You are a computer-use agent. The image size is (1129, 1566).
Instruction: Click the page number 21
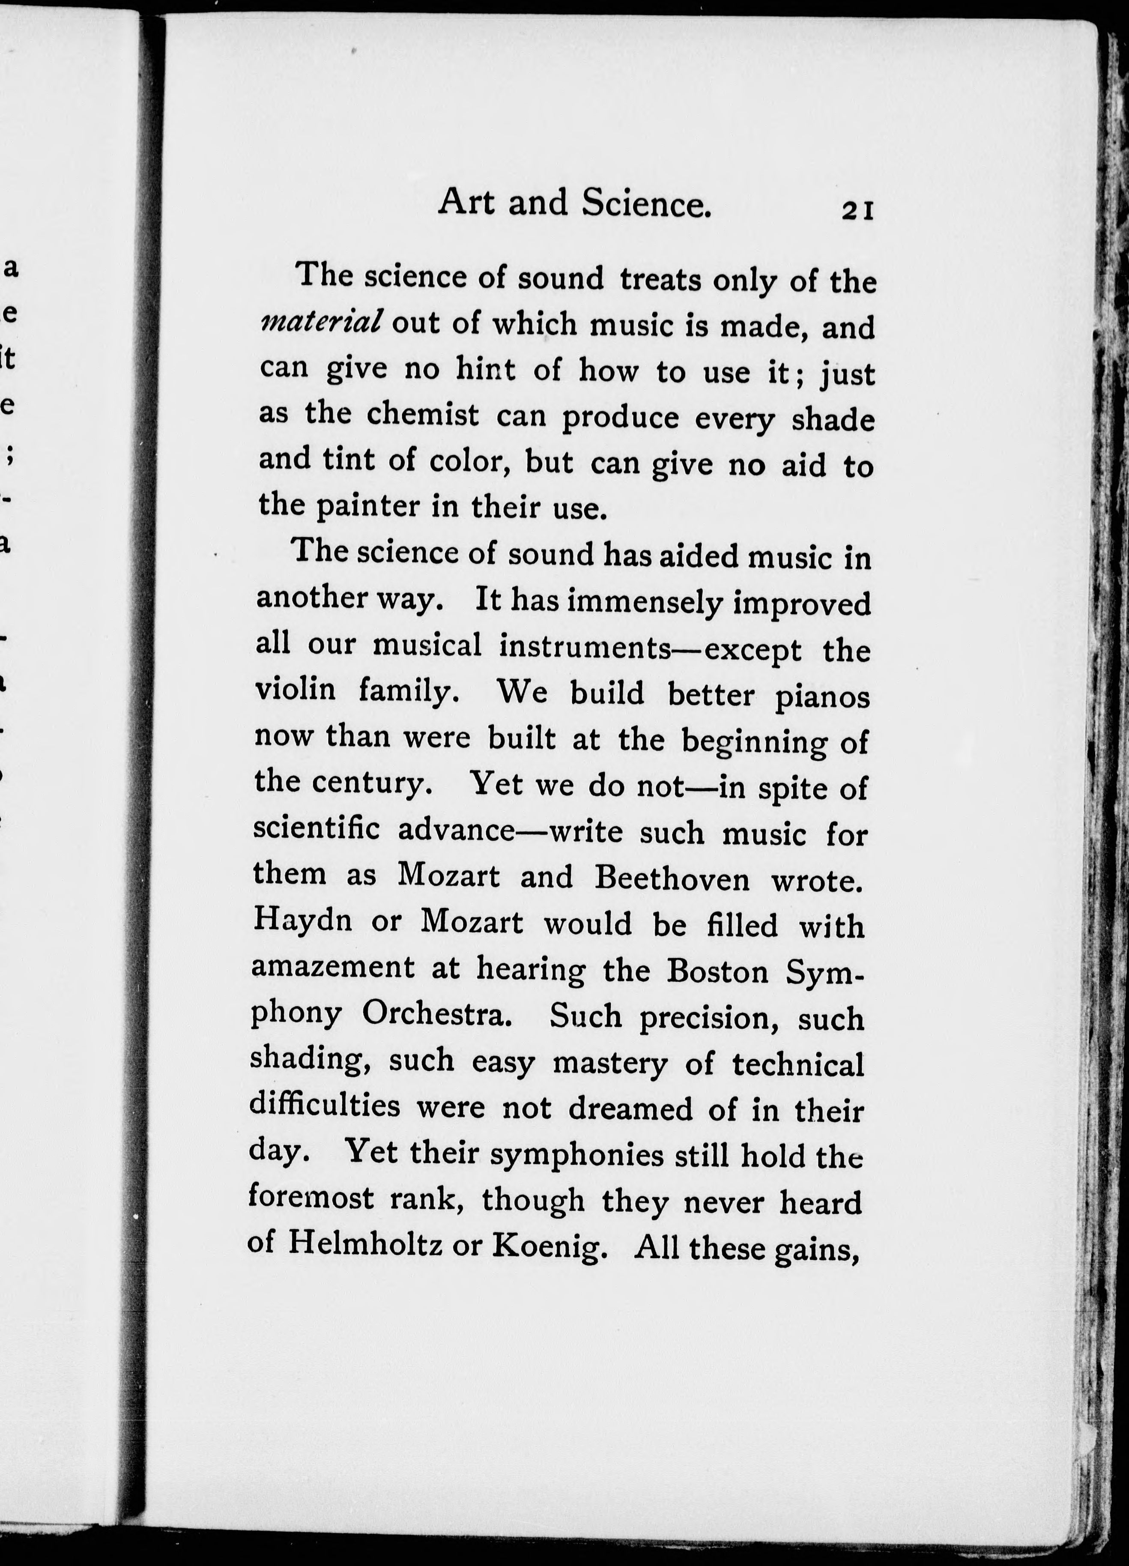[x=857, y=210]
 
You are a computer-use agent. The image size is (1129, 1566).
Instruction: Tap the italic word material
[x=321, y=321]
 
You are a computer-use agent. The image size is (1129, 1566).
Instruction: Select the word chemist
[x=423, y=415]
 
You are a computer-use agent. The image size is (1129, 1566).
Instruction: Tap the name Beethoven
[x=671, y=878]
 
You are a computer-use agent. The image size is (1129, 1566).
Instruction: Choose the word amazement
[x=333, y=967]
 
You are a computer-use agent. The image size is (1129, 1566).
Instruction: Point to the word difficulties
[x=325, y=1106]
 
